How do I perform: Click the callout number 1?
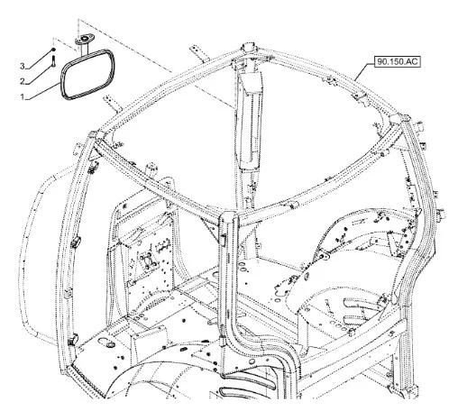click(22, 96)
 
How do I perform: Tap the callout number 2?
click(22, 81)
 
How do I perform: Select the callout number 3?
click(22, 66)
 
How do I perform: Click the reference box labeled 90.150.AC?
click(398, 61)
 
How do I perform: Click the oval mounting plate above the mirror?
click(85, 39)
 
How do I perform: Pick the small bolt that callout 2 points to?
click(53, 61)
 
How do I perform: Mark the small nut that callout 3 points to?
click(53, 50)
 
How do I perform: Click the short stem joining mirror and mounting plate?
click(84, 49)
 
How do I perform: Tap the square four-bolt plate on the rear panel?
click(147, 260)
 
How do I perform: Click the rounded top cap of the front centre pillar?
click(229, 216)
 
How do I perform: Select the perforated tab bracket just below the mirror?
click(111, 103)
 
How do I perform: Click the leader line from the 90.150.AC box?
click(364, 70)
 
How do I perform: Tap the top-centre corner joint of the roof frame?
click(249, 49)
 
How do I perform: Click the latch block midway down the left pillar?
click(76, 242)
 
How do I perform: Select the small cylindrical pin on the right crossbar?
click(292, 205)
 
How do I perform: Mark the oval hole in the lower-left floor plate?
click(111, 344)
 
